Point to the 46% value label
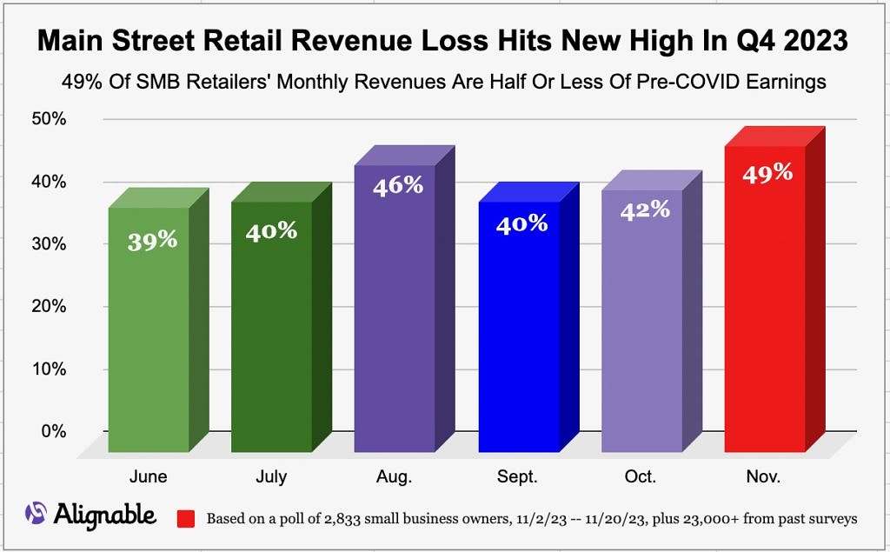(398, 185)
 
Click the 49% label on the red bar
(767, 172)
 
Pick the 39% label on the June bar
(152, 241)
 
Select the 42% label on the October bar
(645, 209)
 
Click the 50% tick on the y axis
(50, 119)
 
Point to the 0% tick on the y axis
(54, 431)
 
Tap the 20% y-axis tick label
(50, 306)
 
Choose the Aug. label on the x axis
(394, 477)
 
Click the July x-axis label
(271, 477)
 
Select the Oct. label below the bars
(640, 477)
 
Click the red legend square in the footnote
(185, 519)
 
